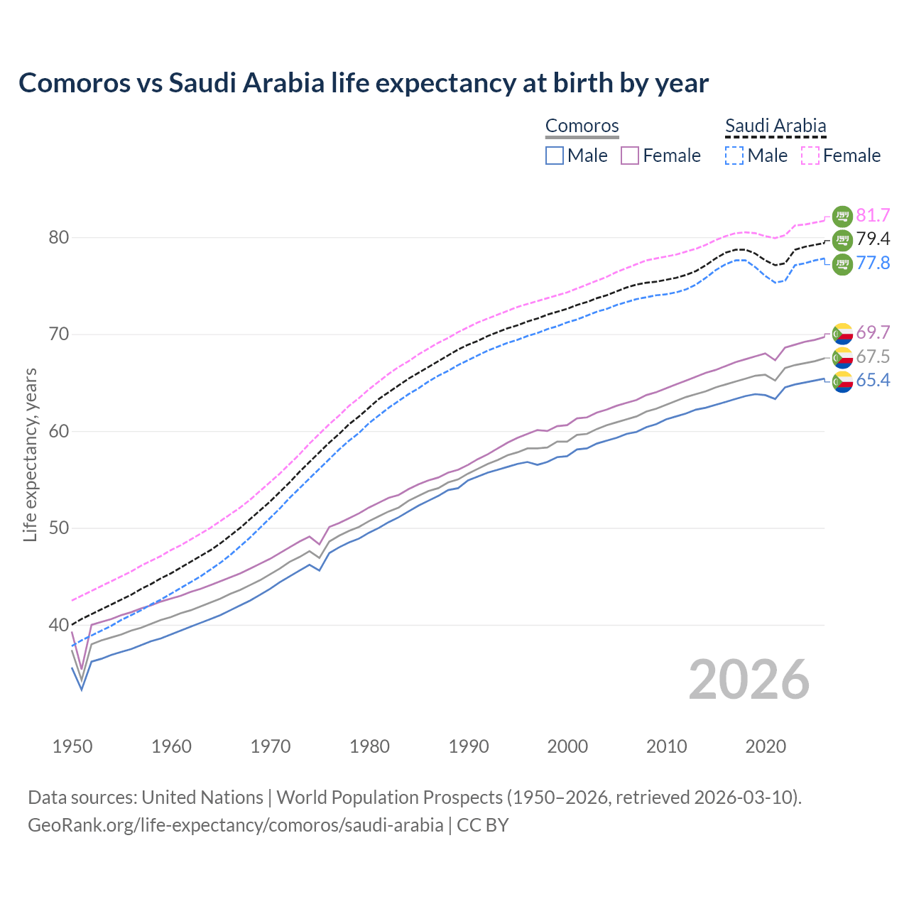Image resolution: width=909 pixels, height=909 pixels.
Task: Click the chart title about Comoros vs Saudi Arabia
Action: [x=363, y=83]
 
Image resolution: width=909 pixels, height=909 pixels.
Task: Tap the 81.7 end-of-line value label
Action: [x=873, y=216]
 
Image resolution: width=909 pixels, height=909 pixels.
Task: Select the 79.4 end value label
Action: [x=873, y=239]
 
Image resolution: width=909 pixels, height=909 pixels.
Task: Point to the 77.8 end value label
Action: [x=873, y=263]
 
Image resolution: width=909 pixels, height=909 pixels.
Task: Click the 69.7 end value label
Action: [x=873, y=333]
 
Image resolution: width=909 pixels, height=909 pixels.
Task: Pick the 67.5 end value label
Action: [x=873, y=356]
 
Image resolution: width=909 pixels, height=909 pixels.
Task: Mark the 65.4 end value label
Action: [x=873, y=381]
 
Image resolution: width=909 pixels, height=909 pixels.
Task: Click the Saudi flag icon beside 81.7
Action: [x=842, y=216]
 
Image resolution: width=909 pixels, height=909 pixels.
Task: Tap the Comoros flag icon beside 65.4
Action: [x=842, y=381]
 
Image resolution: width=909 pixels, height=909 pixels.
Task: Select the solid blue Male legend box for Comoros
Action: [x=555, y=156]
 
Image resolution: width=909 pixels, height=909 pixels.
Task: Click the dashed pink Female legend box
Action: [x=810, y=156]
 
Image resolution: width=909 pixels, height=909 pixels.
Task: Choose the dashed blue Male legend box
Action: [x=734, y=156]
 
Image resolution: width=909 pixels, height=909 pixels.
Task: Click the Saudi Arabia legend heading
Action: [x=775, y=126]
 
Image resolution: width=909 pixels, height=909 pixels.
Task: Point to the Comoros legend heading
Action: [x=582, y=126]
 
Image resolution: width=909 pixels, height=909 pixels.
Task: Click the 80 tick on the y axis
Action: [x=59, y=238]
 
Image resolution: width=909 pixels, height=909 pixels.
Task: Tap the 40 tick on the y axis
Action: [x=59, y=626]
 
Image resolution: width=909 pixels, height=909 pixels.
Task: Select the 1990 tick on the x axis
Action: [x=469, y=746]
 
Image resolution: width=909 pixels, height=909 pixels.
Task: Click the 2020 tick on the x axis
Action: [x=766, y=746]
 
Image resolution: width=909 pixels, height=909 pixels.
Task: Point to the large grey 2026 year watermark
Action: [x=749, y=680]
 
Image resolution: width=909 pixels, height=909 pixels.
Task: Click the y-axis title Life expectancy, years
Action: [x=31, y=454]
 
